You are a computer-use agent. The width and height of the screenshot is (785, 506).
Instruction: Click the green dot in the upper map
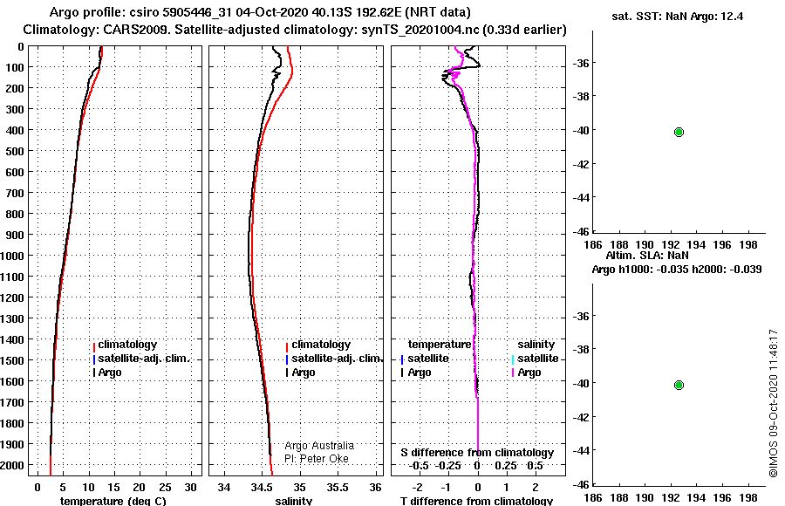tap(679, 133)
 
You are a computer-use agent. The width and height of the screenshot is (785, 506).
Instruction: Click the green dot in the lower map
tap(679, 386)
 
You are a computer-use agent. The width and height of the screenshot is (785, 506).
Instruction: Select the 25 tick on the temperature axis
tap(165, 488)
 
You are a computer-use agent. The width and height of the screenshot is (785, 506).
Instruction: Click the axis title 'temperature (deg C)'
tap(113, 501)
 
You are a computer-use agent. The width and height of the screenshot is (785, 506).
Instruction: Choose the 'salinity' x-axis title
tap(294, 501)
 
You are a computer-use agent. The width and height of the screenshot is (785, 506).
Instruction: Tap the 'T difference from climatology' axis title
tap(476, 501)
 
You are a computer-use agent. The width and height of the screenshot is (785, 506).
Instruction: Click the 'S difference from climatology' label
tap(477, 453)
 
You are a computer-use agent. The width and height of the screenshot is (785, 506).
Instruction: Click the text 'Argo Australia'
tap(319, 446)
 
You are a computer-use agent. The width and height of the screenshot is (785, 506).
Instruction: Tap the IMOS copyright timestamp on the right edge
tap(774, 403)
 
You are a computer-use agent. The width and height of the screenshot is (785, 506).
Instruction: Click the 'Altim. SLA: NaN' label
tap(647, 256)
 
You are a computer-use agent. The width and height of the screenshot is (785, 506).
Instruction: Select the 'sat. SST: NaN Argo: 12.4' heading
tap(678, 17)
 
